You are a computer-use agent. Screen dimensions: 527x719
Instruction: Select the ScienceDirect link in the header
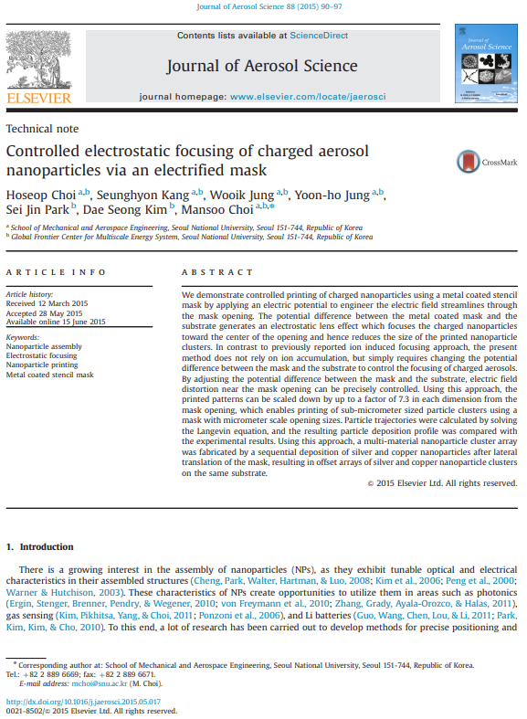point(320,35)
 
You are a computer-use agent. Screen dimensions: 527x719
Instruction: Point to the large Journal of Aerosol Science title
point(261,66)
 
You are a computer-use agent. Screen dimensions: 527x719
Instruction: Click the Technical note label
point(42,129)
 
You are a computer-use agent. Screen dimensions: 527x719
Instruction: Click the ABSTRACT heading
point(217,272)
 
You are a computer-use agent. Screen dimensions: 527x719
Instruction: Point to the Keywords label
point(23,337)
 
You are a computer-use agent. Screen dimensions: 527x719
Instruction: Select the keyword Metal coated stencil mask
point(50,375)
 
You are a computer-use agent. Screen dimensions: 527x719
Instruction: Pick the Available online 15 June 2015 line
point(56,322)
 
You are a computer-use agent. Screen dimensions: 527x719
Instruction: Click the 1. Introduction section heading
point(40,546)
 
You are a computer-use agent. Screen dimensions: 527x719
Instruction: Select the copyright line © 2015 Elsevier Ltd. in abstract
point(441,482)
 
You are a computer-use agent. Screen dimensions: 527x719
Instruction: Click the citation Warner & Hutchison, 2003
point(58,592)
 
